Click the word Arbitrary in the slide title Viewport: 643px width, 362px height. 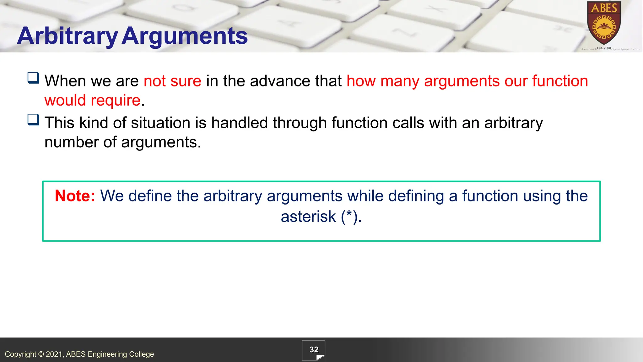click(x=67, y=36)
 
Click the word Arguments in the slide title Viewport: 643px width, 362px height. click(x=185, y=36)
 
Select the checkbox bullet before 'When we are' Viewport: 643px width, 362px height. click(x=33, y=78)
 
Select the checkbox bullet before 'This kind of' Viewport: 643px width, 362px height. click(x=33, y=119)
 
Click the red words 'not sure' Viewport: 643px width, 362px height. click(x=172, y=81)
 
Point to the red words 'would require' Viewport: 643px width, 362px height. click(x=92, y=101)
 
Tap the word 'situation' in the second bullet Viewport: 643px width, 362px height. click(x=160, y=123)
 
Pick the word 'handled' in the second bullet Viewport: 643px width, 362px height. click(x=239, y=123)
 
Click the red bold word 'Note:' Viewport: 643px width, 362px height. click(x=75, y=196)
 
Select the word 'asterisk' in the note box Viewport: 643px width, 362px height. click(x=308, y=217)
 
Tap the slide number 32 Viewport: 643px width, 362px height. click(x=314, y=350)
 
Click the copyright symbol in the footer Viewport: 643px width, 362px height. click(x=41, y=354)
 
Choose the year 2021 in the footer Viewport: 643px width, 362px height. click(x=55, y=354)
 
